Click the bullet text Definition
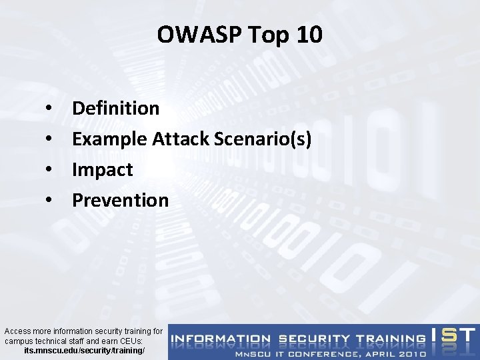pos(115,108)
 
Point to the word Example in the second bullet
pos(109,139)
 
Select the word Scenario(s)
pos(263,139)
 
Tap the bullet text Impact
pos(103,169)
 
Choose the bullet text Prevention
pos(120,200)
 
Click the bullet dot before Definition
pos(49,109)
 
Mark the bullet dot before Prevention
pos(49,201)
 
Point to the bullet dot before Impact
pos(49,170)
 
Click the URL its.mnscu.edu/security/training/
pos(83,350)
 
